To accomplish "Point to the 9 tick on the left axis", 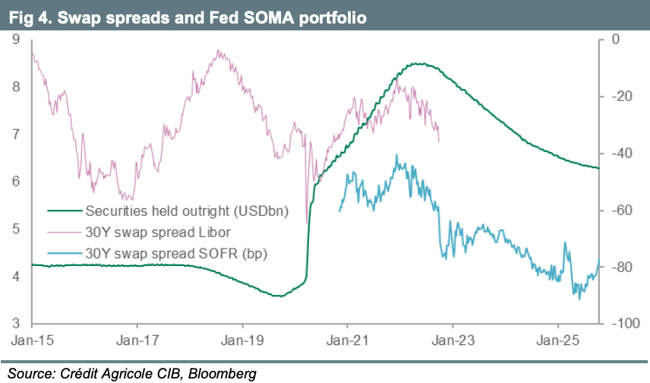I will [16, 39].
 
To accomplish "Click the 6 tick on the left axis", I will [16, 181].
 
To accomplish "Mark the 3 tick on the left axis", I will [16, 323].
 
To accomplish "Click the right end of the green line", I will [598, 168].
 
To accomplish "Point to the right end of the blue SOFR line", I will [598, 258].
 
